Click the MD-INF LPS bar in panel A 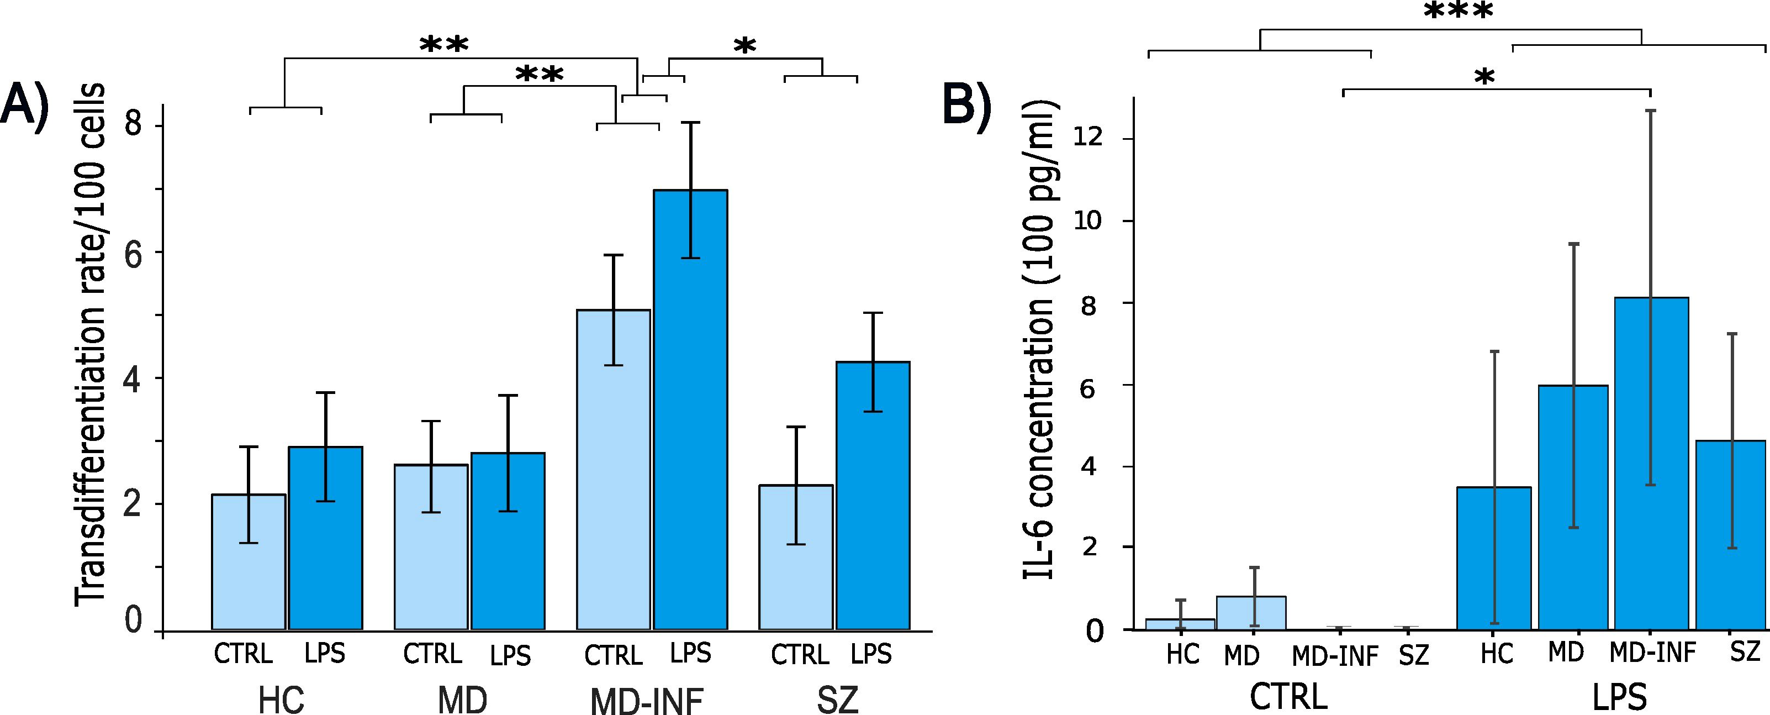coord(690,413)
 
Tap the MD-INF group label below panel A coord(647,701)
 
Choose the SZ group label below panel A coord(838,701)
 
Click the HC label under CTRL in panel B coord(1182,655)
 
